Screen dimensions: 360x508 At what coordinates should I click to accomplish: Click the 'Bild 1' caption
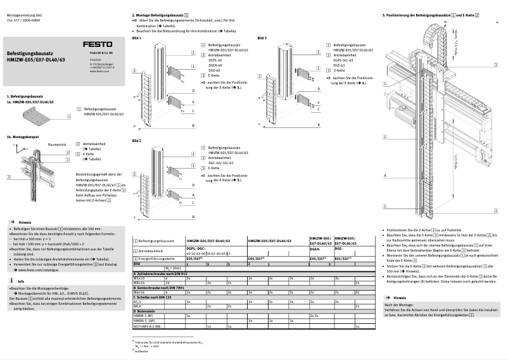pos(136,39)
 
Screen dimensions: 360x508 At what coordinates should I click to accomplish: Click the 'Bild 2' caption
pos(136,140)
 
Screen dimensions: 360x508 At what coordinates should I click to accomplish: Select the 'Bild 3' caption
pos(262,39)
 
